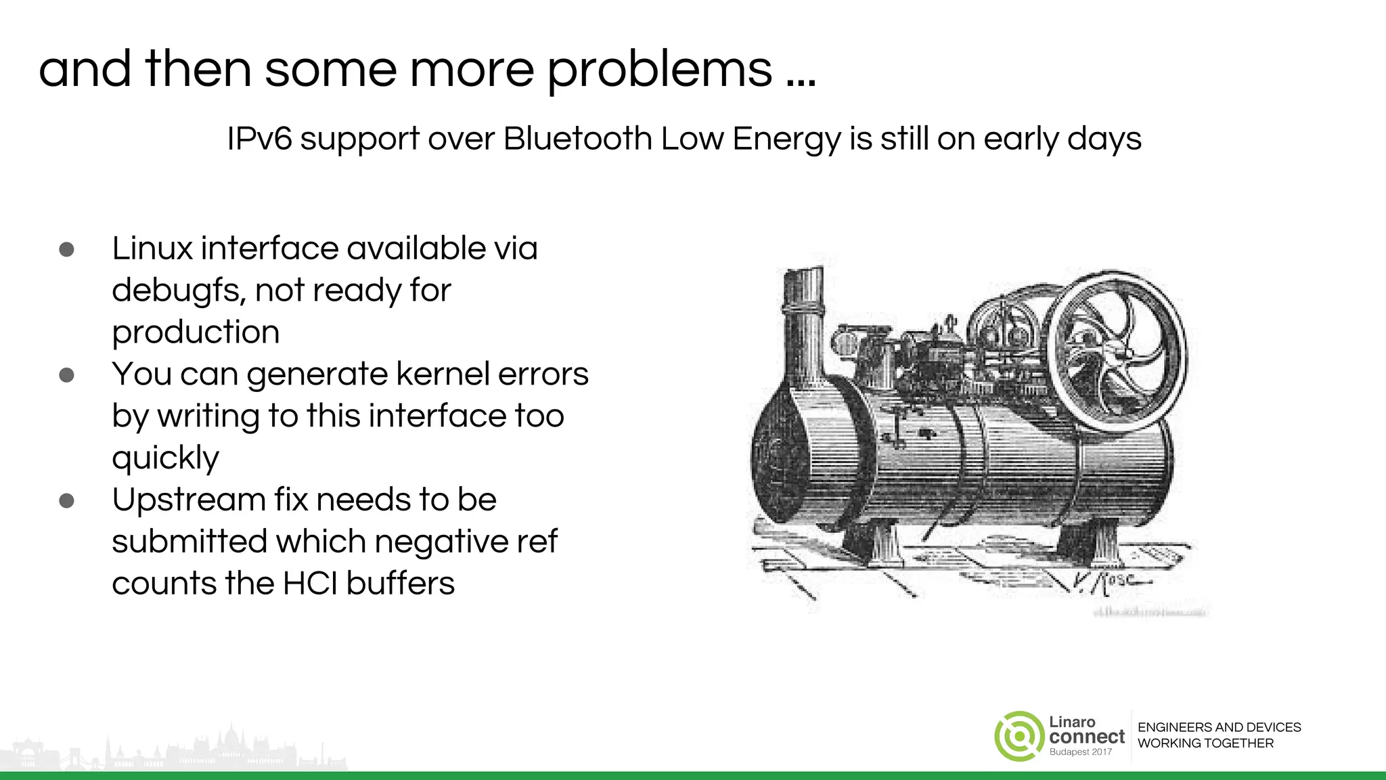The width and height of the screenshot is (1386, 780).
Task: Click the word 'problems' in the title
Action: pos(659,70)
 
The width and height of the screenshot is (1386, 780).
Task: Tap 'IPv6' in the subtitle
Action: pos(259,139)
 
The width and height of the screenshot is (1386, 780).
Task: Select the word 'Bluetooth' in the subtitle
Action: pos(577,139)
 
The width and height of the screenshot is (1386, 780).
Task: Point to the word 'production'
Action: pos(196,332)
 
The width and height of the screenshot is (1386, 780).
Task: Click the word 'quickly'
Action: pos(166,458)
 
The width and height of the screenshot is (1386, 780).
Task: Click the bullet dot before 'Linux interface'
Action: pos(66,249)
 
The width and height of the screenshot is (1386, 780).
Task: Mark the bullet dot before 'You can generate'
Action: pos(66,375)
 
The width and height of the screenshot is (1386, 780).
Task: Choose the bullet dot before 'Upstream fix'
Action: pos(66,501)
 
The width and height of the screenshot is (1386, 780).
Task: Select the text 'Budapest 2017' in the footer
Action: pos(1081,752)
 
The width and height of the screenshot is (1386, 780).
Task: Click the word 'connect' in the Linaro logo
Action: pos(1087,737)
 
